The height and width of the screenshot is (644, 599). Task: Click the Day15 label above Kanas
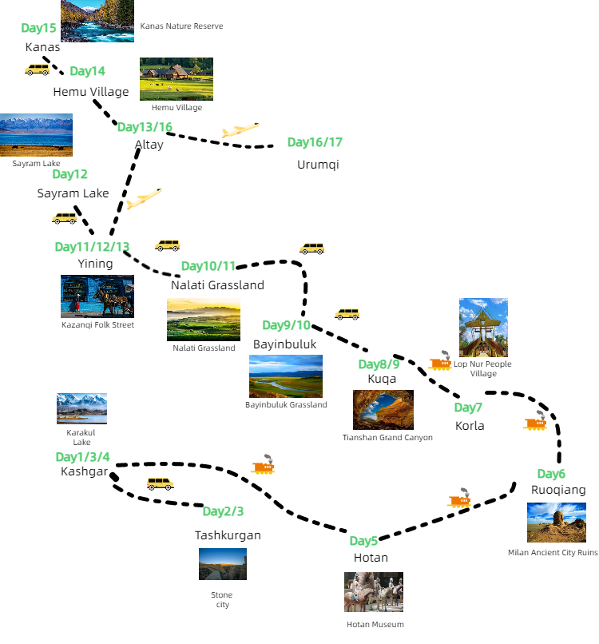pos(38,28)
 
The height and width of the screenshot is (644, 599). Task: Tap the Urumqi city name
pos(318,165)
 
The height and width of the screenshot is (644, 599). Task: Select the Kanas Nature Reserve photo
pos(97,21)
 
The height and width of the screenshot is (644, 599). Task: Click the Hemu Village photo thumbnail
pos(177,78)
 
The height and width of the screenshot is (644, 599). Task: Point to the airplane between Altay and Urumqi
pos(240,130)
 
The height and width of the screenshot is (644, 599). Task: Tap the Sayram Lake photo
pos(36,135)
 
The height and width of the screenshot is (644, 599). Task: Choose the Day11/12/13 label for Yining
pos(92,246)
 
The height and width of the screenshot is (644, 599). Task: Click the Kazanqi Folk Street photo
pos(97,296)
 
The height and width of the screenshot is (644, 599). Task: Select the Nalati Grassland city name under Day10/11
pos(217,285)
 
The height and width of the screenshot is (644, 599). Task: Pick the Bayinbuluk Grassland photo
pos(286,376)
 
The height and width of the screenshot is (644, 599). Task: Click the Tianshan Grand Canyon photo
pos(383,410)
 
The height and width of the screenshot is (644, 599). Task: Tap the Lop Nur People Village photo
pos(483,328)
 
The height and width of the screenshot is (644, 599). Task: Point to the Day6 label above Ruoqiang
pos(551,474)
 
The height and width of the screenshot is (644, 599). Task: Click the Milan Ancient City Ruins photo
pos(556,523)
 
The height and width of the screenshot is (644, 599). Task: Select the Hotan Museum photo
pos(374,592)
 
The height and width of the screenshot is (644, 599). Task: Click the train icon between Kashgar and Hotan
pos(263,465)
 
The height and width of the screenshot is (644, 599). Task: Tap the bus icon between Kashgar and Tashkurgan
pos(160,483)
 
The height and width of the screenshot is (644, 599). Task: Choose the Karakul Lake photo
pos(81,408)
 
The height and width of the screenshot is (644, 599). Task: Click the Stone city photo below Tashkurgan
pos(222,564)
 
